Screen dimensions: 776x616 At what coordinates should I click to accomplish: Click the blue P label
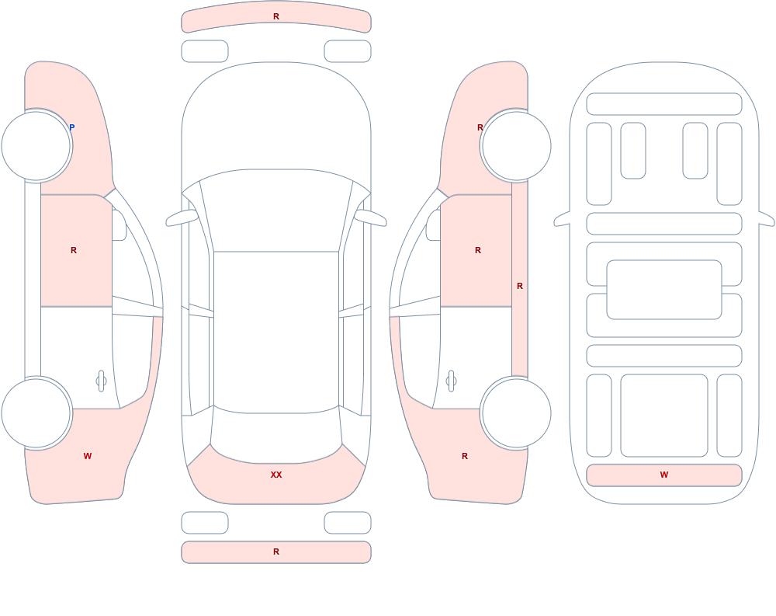tap(71, 127)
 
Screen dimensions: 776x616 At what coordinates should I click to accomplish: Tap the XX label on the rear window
tap(276, 475)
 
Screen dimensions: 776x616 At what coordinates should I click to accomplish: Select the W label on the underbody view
tap(664, 475)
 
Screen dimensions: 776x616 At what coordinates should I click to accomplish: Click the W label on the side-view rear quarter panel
tap(88, 456)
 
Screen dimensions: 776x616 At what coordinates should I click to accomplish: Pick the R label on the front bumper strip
tap(276, 16)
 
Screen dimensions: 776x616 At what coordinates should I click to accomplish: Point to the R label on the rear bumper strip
tap(276, 552)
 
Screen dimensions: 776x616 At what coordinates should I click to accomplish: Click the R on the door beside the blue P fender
tap(74, 250)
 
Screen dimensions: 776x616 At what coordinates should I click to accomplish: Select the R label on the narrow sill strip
tap(520, 286)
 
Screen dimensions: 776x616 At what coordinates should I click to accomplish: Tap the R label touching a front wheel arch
tap(480, 127)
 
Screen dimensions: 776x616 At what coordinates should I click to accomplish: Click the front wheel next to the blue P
tap(36, 146)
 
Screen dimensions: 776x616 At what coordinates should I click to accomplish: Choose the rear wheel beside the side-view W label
tap(36, 412)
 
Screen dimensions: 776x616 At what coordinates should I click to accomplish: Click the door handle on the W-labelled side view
tap(102, 381)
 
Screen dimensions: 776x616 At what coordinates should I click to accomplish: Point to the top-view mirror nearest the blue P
tap(182, 218)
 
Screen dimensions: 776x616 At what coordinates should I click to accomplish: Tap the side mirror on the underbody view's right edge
tap(767, 218)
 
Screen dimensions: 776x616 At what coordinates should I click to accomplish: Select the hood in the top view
tap(276, 119)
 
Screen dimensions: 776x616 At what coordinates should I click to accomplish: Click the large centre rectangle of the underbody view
tap(664, 290)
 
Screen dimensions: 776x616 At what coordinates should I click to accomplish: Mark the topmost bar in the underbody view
tap(664, 104)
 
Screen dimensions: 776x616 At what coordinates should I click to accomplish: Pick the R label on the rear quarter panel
tap(465, 456)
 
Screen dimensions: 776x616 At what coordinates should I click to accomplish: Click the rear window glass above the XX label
tap(276, 435)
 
